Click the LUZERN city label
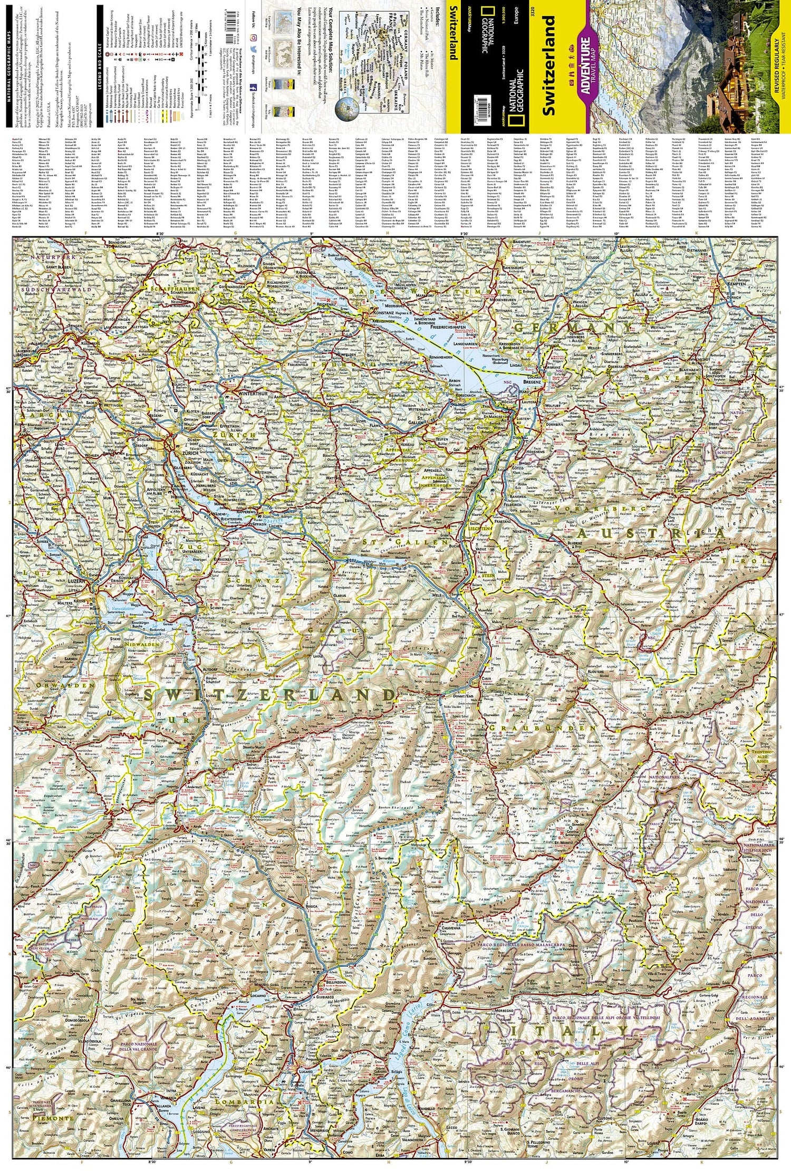click(x=77, y=580)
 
